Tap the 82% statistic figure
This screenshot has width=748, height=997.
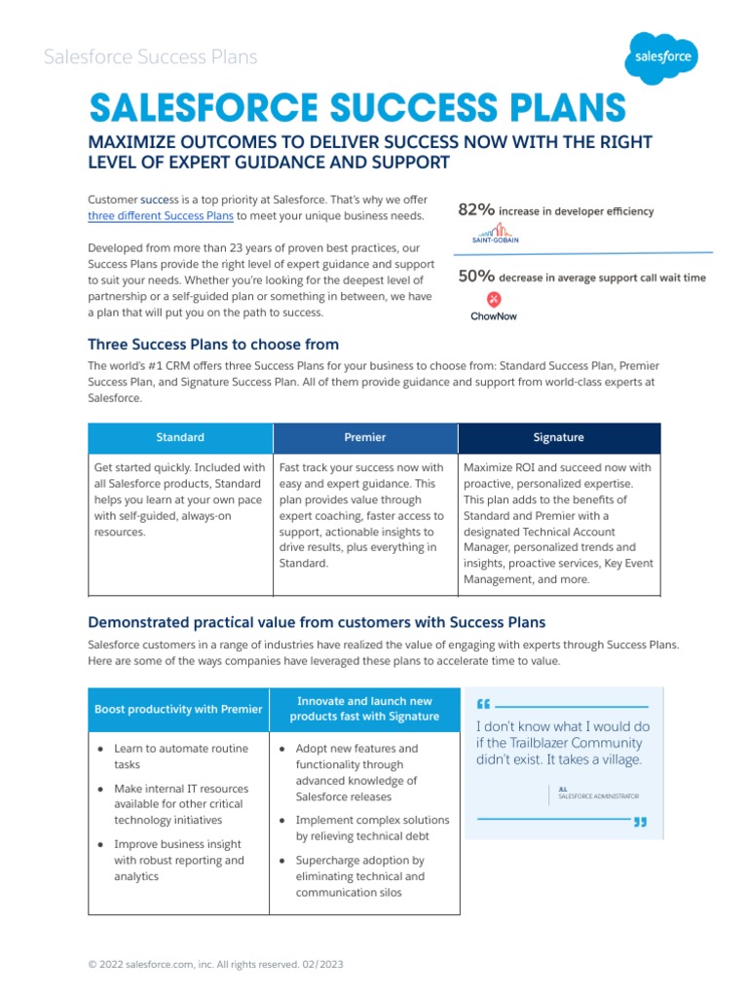click(476, 210)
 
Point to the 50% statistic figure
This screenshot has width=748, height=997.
click(476, 277)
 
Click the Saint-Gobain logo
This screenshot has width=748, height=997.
click(493, 234)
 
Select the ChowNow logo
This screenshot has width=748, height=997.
click(493, 306)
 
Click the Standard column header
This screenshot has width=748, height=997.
click(180, 437)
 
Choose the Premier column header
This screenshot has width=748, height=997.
click(365, 437)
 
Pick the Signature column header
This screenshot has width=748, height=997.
click(558, 437)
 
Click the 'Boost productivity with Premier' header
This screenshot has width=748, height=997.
click(178, 709)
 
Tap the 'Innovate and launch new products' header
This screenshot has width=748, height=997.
click(364, 709)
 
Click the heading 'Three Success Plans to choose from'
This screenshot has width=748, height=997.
click(213, 344)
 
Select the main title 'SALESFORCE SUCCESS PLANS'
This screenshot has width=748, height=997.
click(357, 108)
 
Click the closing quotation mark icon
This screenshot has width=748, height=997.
click(640, 823)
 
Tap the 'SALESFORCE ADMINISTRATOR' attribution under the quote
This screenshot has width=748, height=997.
click(598, 796)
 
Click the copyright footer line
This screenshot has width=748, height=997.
click(215, 964)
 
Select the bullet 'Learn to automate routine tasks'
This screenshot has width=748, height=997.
click(180, 757)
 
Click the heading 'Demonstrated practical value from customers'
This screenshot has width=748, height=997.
click(317, 621)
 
